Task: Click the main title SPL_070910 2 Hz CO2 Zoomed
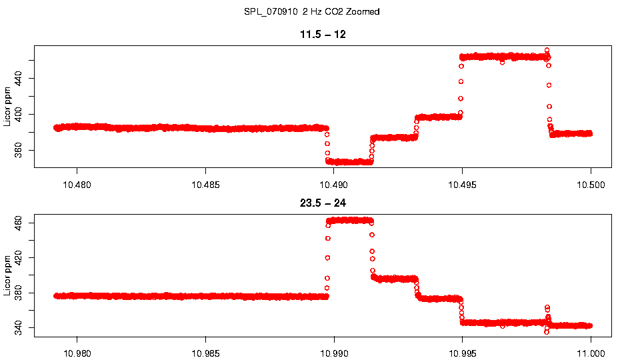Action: (312, 11)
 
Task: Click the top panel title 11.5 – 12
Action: (323, 34)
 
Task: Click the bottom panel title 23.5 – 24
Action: (323, 203)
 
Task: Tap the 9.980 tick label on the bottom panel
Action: (77, 353)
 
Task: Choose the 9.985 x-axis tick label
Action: (205, 353)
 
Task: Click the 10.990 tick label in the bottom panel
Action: (334, 353)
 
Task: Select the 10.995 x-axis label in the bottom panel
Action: (463, 353)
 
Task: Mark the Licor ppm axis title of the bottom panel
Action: (7, 275)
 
